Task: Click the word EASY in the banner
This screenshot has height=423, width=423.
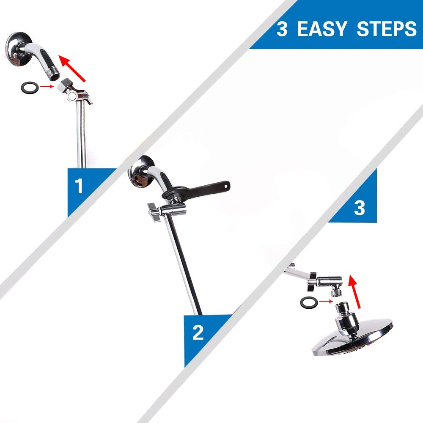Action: coord(321,29)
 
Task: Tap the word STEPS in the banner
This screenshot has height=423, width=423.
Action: coord(387,29)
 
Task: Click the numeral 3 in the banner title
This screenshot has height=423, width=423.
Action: coord(282,29)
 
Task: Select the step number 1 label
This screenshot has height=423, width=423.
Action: coord(79,186)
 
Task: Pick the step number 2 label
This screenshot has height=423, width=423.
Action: coord(198,332)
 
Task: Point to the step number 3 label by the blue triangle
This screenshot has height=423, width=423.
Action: coord(359,207)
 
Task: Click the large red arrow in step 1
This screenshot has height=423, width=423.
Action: coord(72,68)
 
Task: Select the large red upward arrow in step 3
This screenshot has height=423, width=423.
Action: coord(354,291)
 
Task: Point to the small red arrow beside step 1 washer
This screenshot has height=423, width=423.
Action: coord(47,86)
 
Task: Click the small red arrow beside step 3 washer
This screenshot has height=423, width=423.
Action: coord(326,301)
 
